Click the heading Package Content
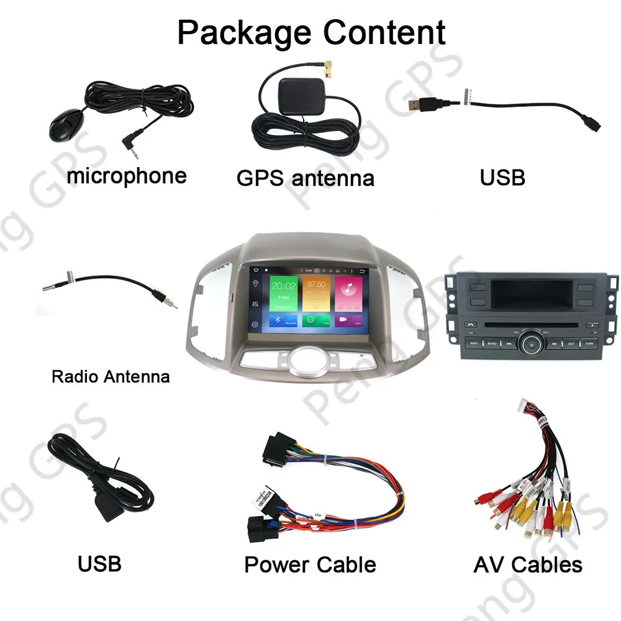pos(311,32)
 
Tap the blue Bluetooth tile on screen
pos(283,320)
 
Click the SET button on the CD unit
pos(571,343)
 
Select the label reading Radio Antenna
pos(111,376)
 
